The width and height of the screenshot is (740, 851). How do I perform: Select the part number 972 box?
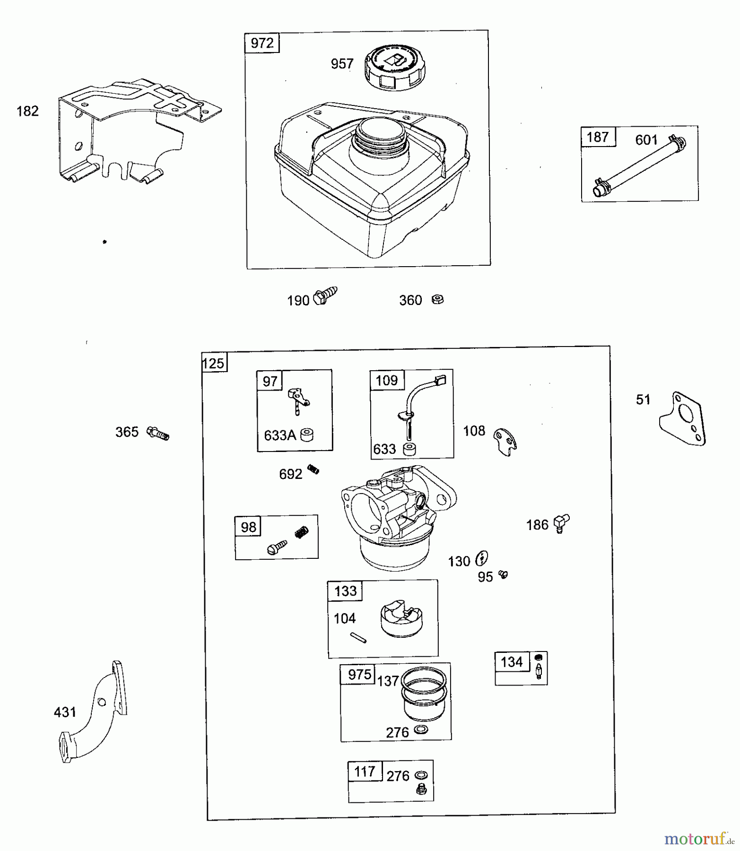[x=262, y=43]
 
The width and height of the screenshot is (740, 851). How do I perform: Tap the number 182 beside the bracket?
[x=27, y=111]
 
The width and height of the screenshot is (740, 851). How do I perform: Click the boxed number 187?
[x=598, y=137]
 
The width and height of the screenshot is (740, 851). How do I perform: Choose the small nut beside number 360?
[x=438, y=299]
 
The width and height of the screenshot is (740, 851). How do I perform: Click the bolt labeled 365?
[x=158, y=433]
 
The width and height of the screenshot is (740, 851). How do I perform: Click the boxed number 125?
[x=213, y=363]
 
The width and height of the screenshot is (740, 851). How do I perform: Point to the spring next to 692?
[x=313, y=469]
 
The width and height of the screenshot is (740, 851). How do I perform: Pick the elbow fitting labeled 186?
[x=561, y=523]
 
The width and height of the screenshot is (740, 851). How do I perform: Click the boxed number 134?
[x=512, y=662]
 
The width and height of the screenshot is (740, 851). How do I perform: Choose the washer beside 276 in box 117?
[x=421, y=776]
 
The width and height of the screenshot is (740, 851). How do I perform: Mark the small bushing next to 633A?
[x=307, y=434]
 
